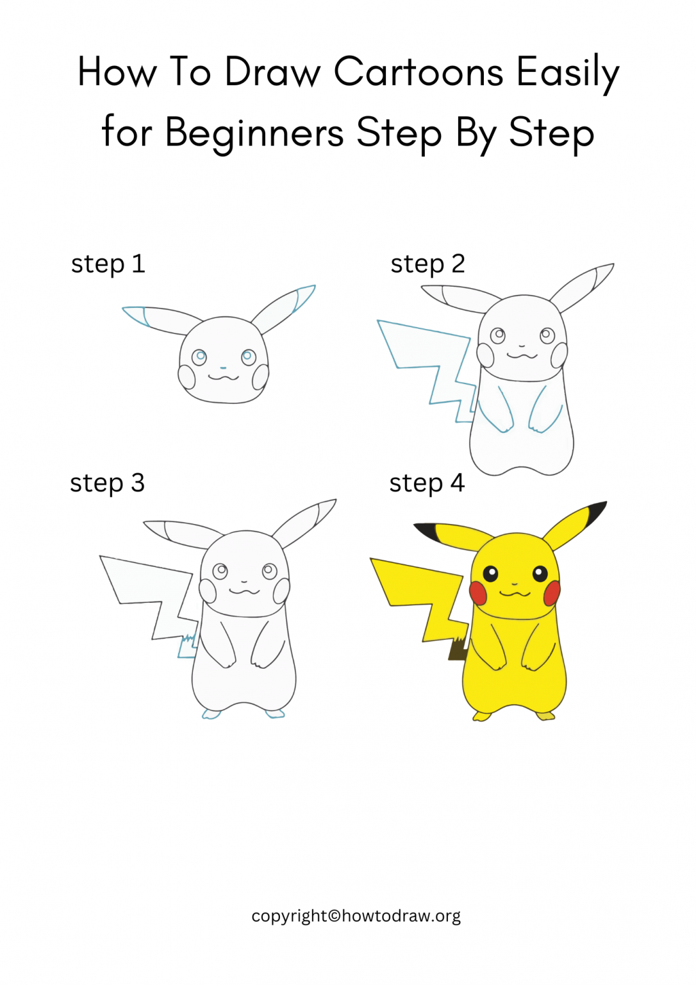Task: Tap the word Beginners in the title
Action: tap(254, 133)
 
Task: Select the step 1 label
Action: tap(108, 264)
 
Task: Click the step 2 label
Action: tap(427, 264)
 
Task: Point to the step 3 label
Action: tap(107, 484)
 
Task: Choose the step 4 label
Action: tap(427, 484)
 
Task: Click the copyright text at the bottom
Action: tap(356, 916)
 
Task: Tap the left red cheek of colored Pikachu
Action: tap(478, 593)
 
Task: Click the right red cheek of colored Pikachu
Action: tap(552, 593)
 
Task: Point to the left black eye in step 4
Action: tap(490, 573)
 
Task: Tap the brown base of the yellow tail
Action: tap(458, 650)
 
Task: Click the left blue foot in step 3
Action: tap(211, 714)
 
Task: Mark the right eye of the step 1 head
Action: tap(249, 357)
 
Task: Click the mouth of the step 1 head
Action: tap(224, 377)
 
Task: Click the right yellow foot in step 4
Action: tap(545, 716)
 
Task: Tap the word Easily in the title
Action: tap(568, 72)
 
